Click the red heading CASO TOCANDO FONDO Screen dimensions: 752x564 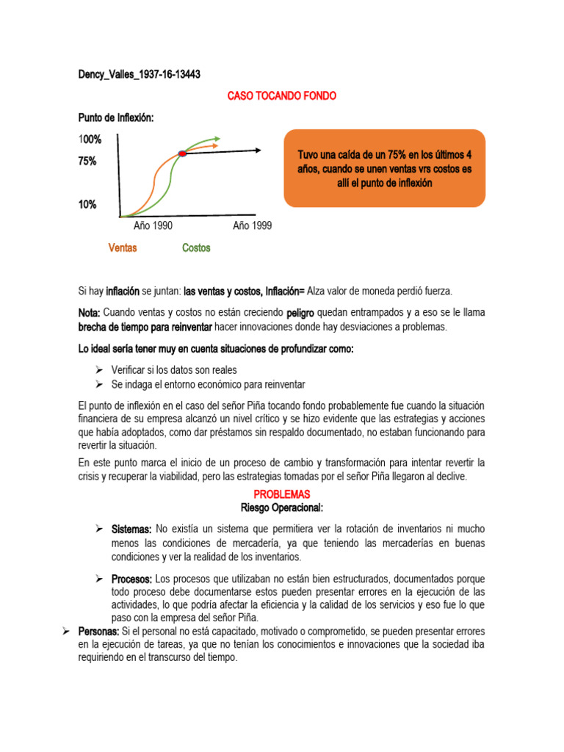pyautogui.click(x=282, y=96)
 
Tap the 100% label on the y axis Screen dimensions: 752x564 pyautogui.click(x=90, y=140)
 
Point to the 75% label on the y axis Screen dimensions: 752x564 pyautogui.click(x=87, y=162)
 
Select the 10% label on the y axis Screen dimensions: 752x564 pyautogui.click(x=87, y=205)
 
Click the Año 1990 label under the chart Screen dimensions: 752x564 pyautogui.click(x=153, y=226)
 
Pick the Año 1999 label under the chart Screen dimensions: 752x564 pyautogui.click(x=252, y=226)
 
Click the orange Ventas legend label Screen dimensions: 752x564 pyautogui.click(x=123, y=248)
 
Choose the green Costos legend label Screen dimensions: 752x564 pyautogui.click(x=196, y=248)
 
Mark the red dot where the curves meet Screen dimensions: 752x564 pyautogui.click(x=183, y=153)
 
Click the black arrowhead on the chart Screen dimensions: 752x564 pyautogui.click(x=258, y=150)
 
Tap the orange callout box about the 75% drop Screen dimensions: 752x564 pyautogui.click(x=384, y=168)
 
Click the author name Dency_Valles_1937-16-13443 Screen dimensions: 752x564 pyautogui.click(x=140, y=75)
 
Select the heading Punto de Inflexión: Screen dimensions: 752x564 pyautogui.click(x=116, y=118)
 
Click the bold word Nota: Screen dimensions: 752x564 pyautogui.click(x=90, y=313)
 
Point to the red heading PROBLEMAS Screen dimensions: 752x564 pyautogui.click(x=282, y=495)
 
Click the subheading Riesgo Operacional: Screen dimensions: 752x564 pyautogui.click(x=282, y=507)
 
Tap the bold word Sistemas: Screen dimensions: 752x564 pyautogui.click(x=131, y=529)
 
